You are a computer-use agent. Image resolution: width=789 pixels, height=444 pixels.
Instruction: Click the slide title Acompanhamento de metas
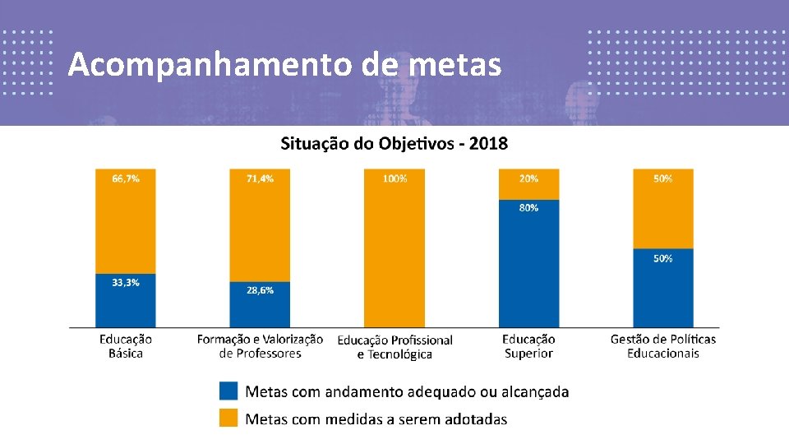tap(284, 64)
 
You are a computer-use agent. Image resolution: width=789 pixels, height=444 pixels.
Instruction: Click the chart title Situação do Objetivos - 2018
tap(394, 144)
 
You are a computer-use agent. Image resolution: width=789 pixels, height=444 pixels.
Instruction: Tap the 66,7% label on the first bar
tap(126, 178)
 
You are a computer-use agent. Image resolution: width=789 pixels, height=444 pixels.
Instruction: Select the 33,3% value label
tap(126, 282)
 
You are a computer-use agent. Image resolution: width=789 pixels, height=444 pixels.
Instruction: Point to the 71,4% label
tap(260, 178)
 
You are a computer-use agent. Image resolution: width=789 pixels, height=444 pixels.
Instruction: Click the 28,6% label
tap(260, 290)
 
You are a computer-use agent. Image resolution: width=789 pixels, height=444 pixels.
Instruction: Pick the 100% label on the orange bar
tap(394, 178)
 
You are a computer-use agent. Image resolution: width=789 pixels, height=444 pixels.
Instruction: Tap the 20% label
tap(528, 178)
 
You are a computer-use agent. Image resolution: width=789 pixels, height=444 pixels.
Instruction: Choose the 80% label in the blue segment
tap(528, 208)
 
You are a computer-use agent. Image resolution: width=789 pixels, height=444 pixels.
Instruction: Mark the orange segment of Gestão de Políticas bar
tap(663, 214)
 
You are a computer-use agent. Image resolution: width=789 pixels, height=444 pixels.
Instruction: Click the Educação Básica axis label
tap(126, 346)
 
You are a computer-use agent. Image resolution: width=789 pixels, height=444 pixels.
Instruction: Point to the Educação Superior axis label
tap(528, 346)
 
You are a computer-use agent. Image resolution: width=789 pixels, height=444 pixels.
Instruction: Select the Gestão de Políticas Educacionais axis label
tap(663, 346)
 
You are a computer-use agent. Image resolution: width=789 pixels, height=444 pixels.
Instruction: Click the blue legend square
tap(229, 391)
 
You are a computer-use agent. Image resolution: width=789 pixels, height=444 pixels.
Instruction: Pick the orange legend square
tap(229, 418)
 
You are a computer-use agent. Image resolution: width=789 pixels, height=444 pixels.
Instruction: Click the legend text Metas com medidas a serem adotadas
tap(376, 419)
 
